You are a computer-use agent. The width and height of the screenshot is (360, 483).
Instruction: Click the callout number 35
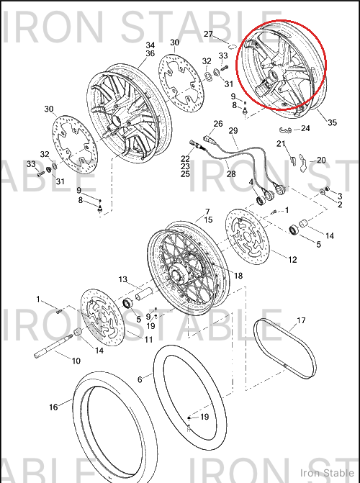[332, 122]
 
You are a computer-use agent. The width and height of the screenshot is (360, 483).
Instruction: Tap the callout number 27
[208, 34]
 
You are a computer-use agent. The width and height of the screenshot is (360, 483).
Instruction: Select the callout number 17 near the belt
[301, 320]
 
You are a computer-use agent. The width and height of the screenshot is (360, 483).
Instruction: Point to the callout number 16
[53, 407]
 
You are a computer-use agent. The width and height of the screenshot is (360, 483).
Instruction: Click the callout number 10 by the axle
[76, 361]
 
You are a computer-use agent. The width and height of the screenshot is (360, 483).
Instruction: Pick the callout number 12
[292, 259]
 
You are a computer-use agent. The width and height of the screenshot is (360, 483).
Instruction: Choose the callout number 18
[238, 276]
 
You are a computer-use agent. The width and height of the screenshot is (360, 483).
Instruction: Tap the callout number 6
[140, 379]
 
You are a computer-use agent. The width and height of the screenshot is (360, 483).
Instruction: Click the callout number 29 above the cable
[233, 131]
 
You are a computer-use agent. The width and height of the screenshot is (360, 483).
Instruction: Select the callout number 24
[305, 128]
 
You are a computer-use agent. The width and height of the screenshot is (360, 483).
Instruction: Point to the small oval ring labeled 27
[233, 47]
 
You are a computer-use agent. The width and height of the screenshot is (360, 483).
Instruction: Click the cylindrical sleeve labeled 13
[144, 293]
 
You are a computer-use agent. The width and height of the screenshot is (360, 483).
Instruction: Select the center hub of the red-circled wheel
[273, 74]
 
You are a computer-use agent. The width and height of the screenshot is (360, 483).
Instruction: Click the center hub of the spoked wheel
[176, 273]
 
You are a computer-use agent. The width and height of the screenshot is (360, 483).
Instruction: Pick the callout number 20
[321, 160]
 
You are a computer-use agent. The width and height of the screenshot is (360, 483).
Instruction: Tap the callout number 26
[218, 124]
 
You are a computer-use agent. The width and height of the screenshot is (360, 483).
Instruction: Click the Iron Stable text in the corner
[327, 473]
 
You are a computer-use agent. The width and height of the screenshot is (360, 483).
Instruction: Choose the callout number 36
[150, 53]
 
